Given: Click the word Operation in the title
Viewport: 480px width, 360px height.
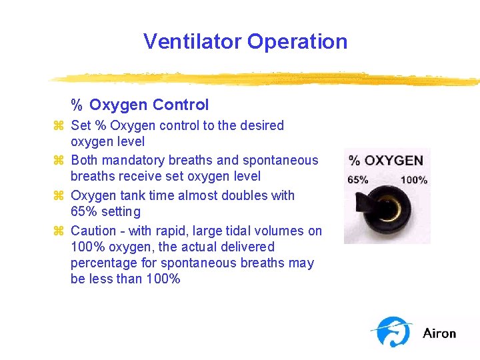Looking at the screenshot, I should (x=297, y=41).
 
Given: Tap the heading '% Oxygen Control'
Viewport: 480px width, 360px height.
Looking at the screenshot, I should (x=140, y=105).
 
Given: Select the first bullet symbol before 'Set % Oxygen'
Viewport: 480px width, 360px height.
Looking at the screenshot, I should (x=58, y=125).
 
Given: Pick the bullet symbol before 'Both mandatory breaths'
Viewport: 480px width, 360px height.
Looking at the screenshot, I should (x=58, y=161).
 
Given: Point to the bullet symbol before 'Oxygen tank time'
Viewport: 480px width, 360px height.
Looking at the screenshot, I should (x=58, y=196).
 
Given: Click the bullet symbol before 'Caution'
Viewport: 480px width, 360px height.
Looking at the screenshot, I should (x=58, y=231).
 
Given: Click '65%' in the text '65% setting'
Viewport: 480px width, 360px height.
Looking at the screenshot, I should (x=83, y=212).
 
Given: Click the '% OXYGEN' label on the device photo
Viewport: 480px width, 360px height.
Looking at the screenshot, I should (x=386, y=161).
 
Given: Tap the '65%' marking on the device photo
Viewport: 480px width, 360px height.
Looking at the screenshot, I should (x=358, y=179).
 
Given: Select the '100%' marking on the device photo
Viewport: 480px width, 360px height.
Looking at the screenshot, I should (x=413, y=179).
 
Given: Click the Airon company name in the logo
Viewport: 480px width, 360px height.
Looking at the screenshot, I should (x=439, y=333).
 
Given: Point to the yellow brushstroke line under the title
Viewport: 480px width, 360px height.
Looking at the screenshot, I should (x=267, y=78).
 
